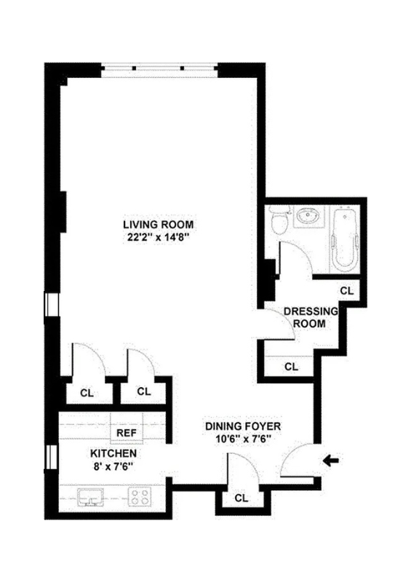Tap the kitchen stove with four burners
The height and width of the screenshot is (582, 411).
click(x=141, y=498)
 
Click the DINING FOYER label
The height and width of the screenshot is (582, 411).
click(x=243, y=426)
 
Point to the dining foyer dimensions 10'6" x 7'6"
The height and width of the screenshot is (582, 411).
click(x=243, y=439)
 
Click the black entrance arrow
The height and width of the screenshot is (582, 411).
click(x=332, y=459)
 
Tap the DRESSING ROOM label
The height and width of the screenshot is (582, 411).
click(x=311, y=317)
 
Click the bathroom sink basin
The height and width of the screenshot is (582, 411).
click(x=308, y=217)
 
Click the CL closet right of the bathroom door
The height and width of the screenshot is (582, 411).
click(x=347, y=290)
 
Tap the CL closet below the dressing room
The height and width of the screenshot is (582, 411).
click(x=291, y=366)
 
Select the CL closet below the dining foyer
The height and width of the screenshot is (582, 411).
click(x=241, y=498)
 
